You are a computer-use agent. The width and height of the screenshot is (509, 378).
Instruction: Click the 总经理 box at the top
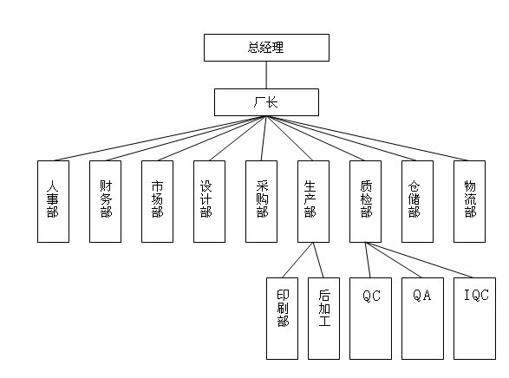tap(266, 48)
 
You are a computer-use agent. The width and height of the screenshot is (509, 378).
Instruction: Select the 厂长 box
tap(266, 102)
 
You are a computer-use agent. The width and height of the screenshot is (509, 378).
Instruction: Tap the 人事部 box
tap(53, 201)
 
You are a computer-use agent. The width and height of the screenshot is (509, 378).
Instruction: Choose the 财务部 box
tap(105, 201)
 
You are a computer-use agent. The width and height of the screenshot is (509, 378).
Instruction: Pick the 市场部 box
tap(158, 201)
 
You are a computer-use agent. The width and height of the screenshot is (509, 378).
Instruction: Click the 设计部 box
tap(209, 201)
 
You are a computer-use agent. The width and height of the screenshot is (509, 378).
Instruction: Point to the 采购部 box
tap(261, 201)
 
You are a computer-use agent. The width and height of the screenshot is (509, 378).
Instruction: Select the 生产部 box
tap(313, 201)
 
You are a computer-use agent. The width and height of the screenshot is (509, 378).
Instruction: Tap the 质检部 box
tap(366, 201)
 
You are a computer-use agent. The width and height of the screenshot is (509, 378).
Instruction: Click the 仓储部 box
tap(417, 201)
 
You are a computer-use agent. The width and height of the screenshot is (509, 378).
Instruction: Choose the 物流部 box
tap(469, 201)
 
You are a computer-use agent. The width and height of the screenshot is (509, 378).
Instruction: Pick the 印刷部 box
tap(282, 319)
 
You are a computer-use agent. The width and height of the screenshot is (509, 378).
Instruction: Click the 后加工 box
tap(323, 319)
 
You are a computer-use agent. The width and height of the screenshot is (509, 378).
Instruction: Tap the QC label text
tap(371, 296)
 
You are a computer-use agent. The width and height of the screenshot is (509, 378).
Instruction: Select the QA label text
tap(422, 295)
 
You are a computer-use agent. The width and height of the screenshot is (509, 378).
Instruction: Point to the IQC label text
tap(476, 295)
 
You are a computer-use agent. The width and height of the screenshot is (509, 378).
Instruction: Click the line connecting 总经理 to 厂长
tap(266, 75)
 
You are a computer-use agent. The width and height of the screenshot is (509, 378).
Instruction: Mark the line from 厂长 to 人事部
tap(160, 139)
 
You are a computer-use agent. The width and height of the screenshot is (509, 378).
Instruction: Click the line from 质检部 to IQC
tap(419, 260)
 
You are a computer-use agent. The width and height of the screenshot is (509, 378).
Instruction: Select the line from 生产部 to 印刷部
tap(297, 260)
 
